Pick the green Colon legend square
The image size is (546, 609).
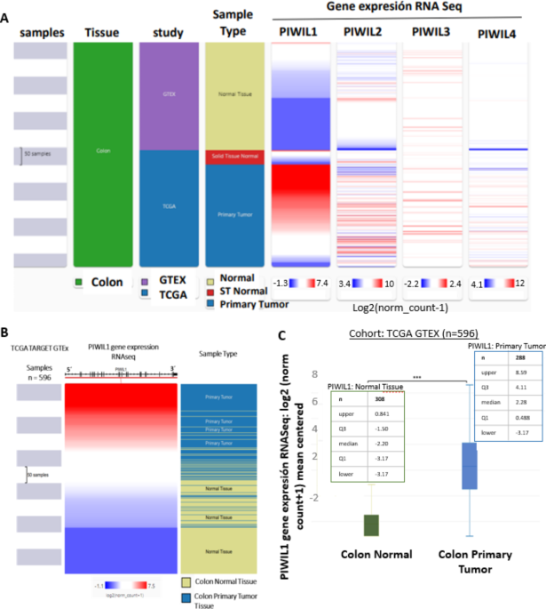coord(79,284)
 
